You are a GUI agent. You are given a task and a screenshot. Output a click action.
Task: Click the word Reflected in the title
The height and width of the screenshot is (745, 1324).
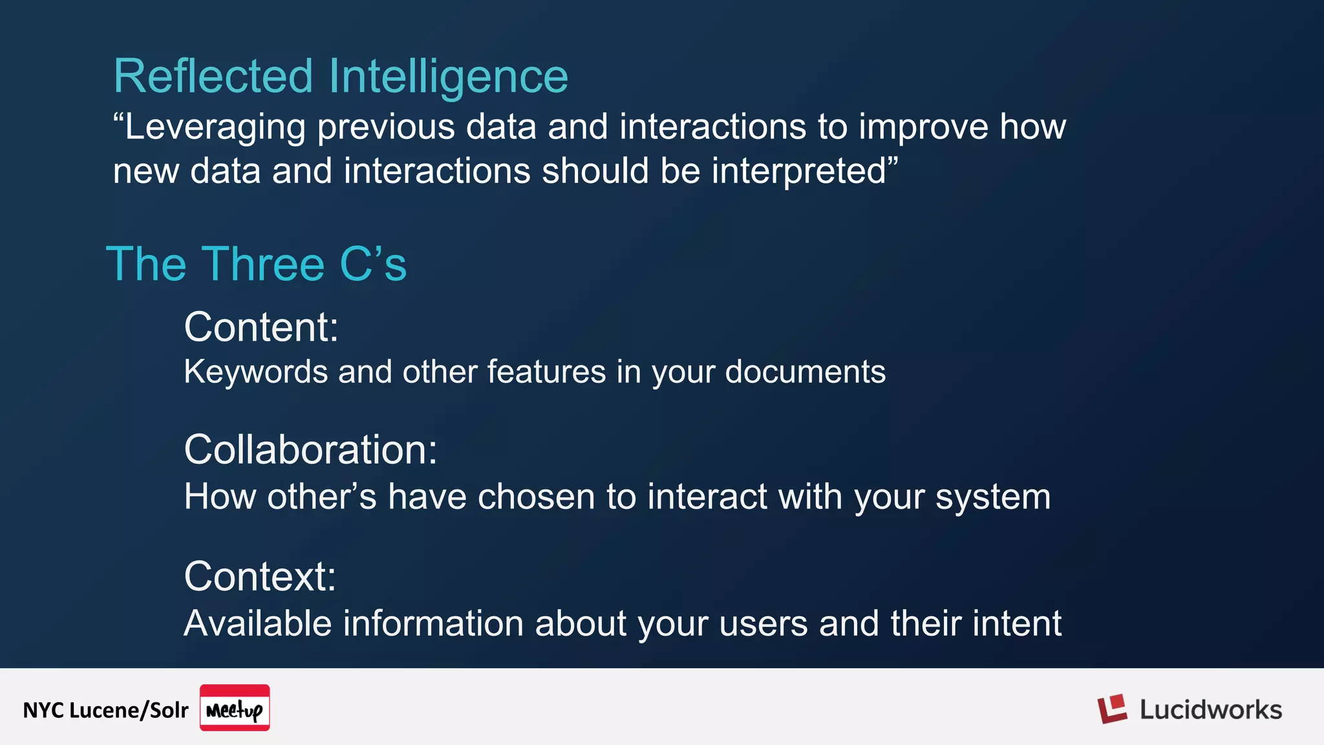coord(213,76)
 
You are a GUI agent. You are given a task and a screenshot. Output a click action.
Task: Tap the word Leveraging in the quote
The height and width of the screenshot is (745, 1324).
coord(214,127)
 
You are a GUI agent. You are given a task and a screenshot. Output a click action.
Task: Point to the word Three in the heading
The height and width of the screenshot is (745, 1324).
coord(265,264)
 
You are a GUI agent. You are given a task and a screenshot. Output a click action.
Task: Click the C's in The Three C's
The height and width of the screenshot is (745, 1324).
coord(373,264)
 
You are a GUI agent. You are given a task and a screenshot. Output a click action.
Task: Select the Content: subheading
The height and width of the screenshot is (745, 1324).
coord(261,327)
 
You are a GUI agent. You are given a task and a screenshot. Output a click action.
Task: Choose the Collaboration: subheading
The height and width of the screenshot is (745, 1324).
coord(310,449)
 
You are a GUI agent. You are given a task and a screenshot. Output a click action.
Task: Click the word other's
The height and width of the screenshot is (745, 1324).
coord(321,497)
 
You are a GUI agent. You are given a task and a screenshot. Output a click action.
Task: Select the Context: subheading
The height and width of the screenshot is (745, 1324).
coord(260,576)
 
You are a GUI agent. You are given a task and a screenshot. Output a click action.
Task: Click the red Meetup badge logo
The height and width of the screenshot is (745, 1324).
coord(235,708)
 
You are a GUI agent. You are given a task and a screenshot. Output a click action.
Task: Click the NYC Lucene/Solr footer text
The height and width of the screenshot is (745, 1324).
coord(105,710)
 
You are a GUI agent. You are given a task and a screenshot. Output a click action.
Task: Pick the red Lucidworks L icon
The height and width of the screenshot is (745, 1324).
coord(1111,709)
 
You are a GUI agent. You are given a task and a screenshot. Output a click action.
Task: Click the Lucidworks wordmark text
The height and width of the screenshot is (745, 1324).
coord(1210,710)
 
